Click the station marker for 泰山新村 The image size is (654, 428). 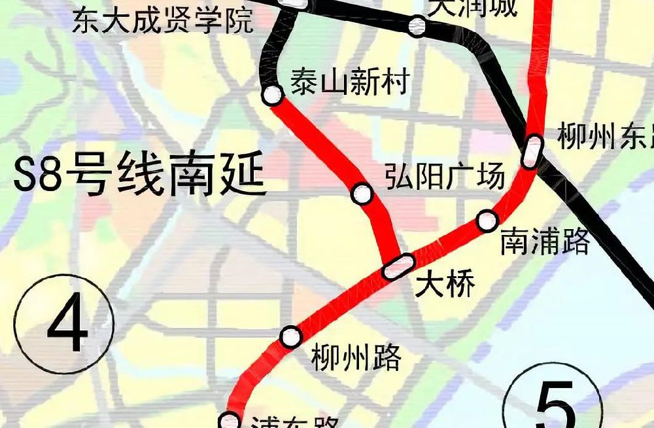(x=273, y=96)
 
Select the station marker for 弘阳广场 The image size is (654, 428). (x=362, y=194)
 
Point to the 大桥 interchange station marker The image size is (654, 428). (x=398, y=266)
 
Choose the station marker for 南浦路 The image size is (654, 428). (x=487, y=221)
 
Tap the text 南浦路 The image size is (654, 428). (x=545, y=241)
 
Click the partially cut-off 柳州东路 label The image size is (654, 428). (x=605, y=138)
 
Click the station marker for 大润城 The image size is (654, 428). (x=417, y=26)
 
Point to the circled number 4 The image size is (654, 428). (x=65, y=324)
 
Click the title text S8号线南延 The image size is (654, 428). (x=140, y=177)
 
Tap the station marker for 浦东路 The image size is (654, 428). (x=230, y=420)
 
